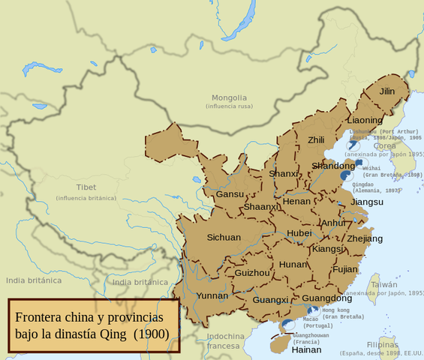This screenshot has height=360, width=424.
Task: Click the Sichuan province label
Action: click(x=224, y=237)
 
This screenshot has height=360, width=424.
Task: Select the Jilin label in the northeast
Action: click(x=386, y=91)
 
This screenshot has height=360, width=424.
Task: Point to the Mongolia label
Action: click(x=228, y=97)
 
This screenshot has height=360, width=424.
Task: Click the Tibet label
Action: click(x=86, y=187)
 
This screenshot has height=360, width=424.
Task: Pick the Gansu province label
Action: click(x=229, y=193)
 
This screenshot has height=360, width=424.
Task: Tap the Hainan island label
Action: click(x=306, y=349)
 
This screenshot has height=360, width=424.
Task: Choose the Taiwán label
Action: click(x=383, y=284)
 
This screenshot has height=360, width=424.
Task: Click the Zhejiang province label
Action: click(x=364, y=238)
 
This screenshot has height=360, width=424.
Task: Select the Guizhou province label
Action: click(x=251, y=273)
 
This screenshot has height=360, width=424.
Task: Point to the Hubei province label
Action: click(x=299, y=232)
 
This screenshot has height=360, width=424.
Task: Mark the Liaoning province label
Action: click(x=365, y=120)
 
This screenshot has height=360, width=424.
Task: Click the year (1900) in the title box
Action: click(x=152, y=333)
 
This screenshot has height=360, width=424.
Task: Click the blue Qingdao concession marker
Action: click(x=345, y=175)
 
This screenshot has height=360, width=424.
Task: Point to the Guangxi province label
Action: click(x=270, y=300)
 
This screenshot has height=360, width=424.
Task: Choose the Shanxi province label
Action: click(x=283, y=174)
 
